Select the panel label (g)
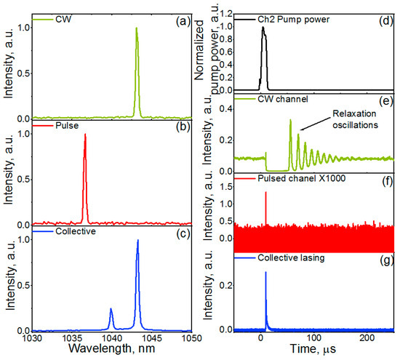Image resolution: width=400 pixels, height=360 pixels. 381,259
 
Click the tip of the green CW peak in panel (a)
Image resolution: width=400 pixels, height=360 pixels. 136,28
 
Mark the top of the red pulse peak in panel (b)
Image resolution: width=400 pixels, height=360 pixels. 85,135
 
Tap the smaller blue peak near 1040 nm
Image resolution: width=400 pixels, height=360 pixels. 111,308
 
